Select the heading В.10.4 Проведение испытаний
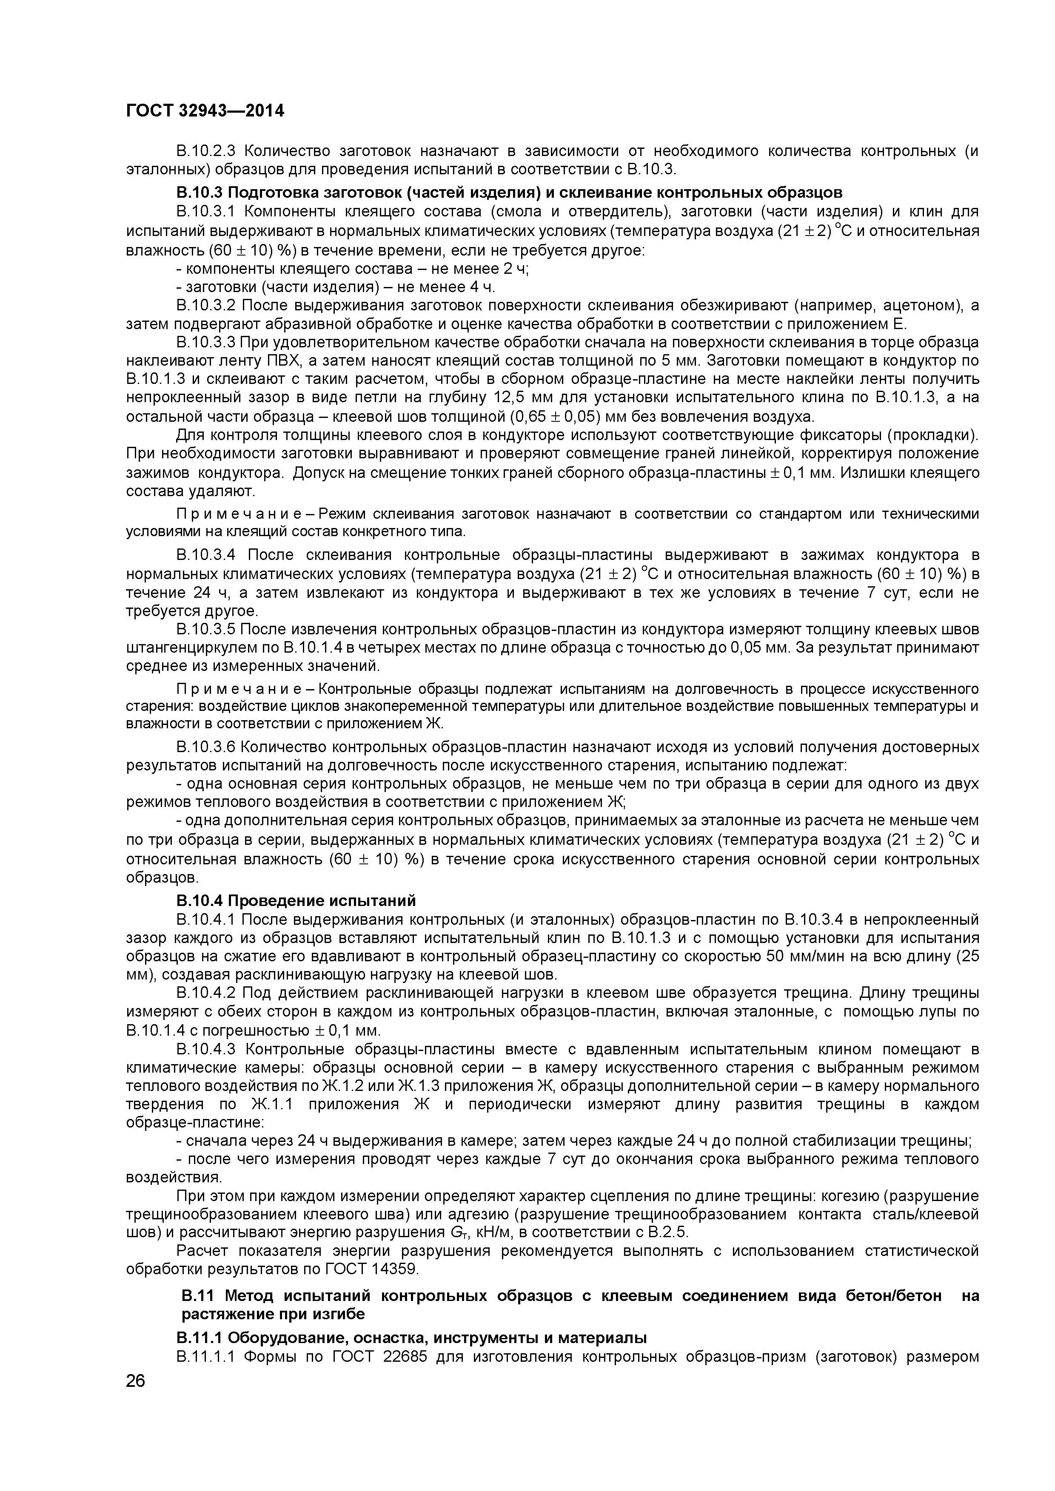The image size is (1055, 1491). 296,901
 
